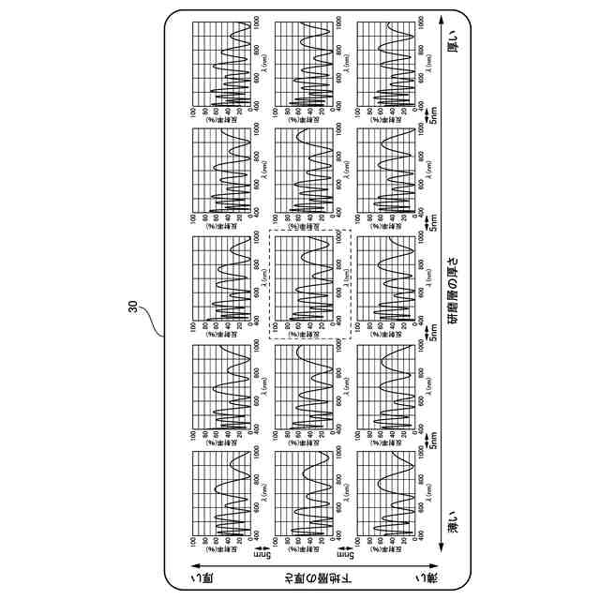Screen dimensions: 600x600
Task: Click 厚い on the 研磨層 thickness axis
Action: (454, 46)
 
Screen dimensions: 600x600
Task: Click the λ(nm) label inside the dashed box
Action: (345, 278)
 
